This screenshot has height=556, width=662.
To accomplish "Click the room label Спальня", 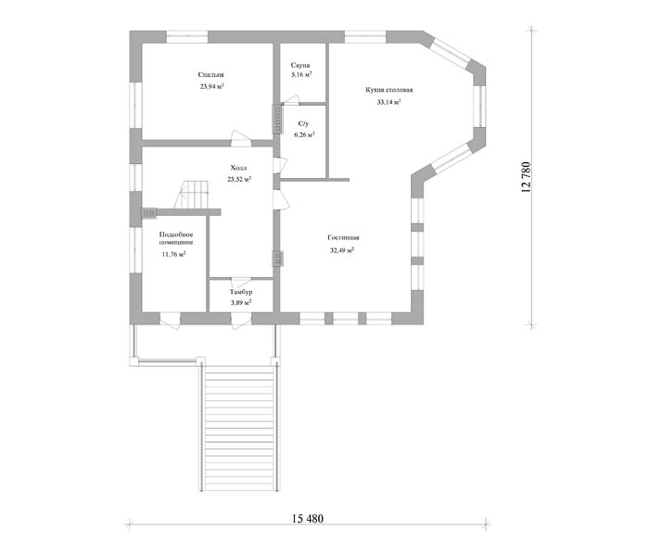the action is (211, 75).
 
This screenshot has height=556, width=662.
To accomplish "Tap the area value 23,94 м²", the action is (212, 86).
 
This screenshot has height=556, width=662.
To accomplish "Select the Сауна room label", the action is (300, 65).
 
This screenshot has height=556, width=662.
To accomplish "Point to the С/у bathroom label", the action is (303, 123).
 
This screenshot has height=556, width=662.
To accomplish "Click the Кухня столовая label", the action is (388, 90).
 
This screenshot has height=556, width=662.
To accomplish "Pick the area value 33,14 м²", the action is (388, 102).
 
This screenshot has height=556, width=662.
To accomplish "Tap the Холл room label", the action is (238, 168).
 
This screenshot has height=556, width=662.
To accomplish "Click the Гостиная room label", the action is (343, 238).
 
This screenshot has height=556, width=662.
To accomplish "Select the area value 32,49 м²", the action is (342, 250).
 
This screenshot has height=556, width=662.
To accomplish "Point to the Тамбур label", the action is (241, 292).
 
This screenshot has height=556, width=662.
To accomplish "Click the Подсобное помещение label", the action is (176, 238).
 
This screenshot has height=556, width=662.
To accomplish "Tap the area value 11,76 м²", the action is (174, 255).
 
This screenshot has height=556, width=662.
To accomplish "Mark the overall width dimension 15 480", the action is (308, 518).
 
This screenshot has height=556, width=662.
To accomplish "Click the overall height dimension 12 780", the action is (526, 177).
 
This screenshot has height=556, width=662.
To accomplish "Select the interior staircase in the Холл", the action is (192, 194).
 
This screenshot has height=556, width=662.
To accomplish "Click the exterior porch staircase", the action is (239, 427).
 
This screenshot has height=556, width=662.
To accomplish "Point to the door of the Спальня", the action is (241, 138).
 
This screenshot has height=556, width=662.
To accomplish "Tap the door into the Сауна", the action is (290, 100).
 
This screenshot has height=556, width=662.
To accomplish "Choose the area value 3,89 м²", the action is (241, 302).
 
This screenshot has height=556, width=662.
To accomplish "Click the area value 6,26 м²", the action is (304, 135).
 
